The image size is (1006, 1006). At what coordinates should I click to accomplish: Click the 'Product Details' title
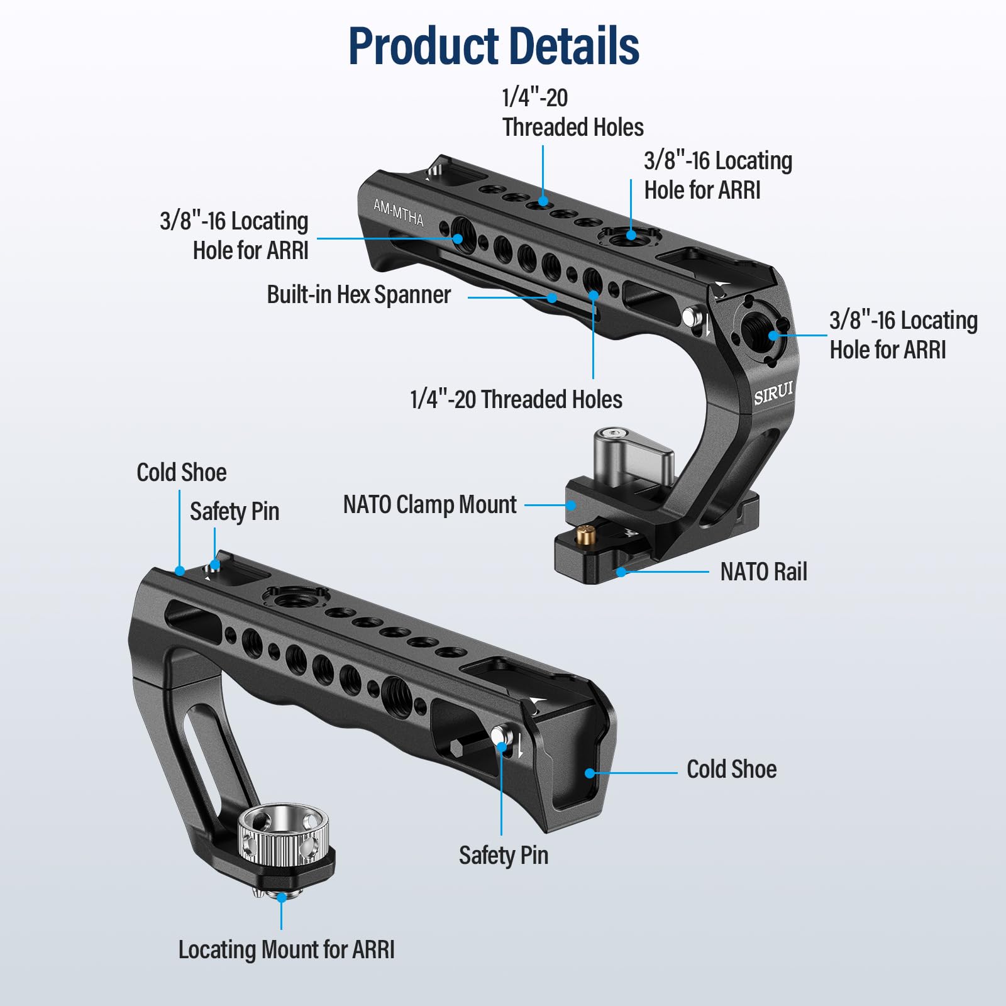click(x=494, y=46)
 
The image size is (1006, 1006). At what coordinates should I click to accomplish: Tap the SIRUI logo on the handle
click(x=773, y=393)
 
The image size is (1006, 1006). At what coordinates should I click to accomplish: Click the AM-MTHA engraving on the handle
click(x=399, y=213)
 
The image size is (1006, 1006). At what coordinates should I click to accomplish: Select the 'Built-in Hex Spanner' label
click(x=358, y=295)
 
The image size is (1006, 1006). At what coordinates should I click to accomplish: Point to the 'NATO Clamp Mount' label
click(x=429, y=504)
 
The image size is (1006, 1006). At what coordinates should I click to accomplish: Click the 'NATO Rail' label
click(x=763, y=572)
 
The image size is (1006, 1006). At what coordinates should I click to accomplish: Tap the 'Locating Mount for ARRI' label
click(x=286, y=949)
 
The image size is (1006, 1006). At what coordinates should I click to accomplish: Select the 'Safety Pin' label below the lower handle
click(x=503, y=855)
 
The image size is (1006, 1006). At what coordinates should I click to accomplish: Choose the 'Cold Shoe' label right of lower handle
click(x=731, y=769)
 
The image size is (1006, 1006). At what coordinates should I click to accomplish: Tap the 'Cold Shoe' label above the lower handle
click(x=181, y=472)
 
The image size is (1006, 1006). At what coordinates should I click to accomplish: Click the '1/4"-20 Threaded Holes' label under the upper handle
click(x=516, y=399)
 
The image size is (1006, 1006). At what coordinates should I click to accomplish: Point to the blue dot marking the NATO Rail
click(x=621, y=572)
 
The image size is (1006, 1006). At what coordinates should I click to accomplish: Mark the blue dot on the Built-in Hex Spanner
click(x=552, y=297)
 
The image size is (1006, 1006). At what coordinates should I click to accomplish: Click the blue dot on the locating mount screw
click(x=282, y=898)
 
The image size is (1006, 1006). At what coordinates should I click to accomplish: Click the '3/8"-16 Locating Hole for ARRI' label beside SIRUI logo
click(x=903, y=334)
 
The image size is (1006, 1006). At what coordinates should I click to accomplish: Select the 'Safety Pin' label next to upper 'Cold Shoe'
click(x=234, y=511)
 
